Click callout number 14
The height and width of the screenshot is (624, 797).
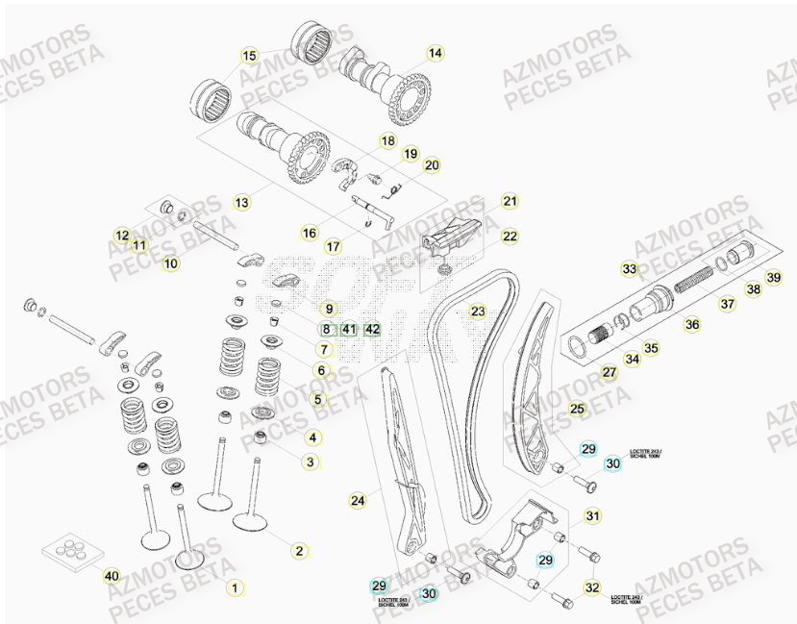point(435,54)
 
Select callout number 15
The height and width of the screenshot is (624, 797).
point(249,55)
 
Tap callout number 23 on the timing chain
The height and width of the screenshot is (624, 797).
point(478,312)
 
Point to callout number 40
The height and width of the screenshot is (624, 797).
point(112,576)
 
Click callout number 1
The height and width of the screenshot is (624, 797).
point(232,585)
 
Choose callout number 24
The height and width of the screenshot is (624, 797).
point(358,500)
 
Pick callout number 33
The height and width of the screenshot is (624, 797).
point(629,269)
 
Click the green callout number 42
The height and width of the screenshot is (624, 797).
point(373,330)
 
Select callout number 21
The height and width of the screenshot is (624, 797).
point(510,202)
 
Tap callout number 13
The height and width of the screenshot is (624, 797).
point(241,203)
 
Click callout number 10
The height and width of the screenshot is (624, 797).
point(169,262)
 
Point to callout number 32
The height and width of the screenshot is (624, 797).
point(591,587)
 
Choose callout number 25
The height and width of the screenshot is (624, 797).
point(577,410)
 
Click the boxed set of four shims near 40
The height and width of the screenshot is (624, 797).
point(79,548)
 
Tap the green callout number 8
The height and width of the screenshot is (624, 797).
point(326,330)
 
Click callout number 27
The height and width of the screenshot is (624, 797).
point(609,372)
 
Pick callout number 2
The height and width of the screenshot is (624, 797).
point(299,550)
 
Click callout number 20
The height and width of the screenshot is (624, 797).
point(432,165)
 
